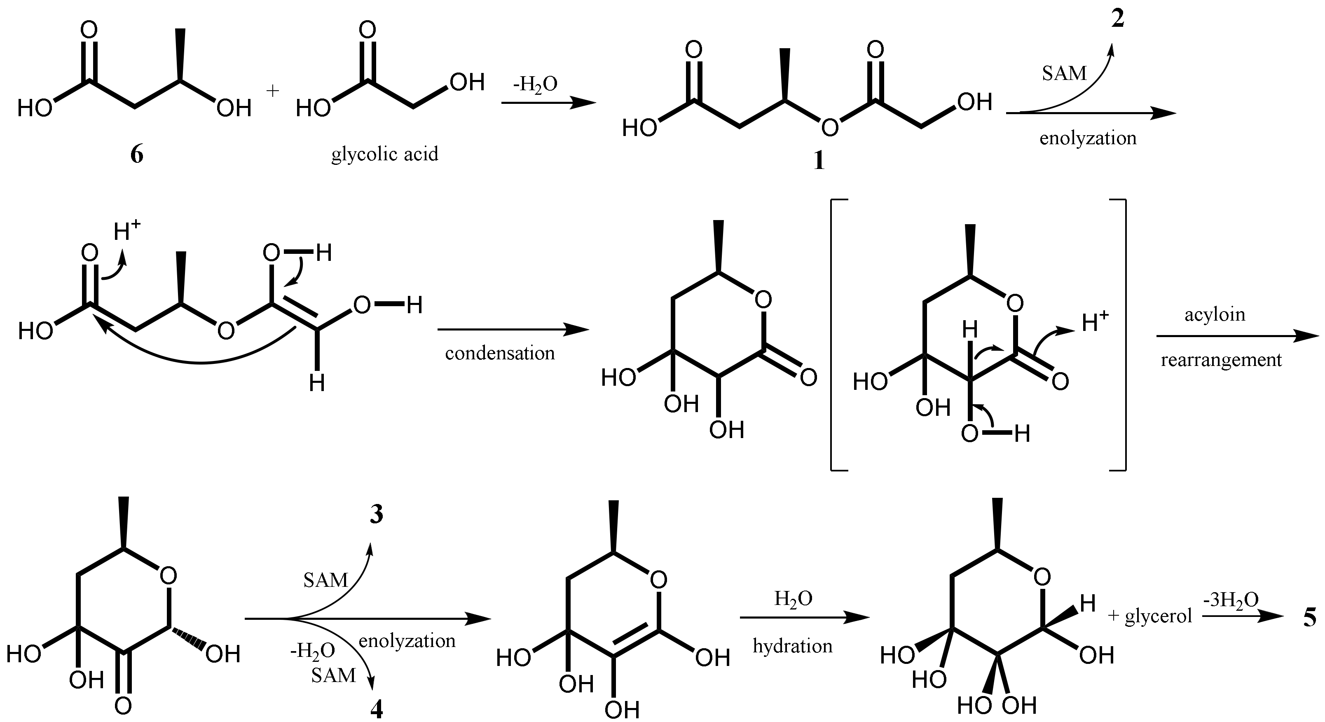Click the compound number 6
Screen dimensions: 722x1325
click(136, 154)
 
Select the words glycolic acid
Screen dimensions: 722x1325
click(385, 154)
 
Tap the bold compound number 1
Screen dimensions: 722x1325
click(818, 161)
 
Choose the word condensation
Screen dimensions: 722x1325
click(500, 353)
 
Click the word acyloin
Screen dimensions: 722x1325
click(1215, 314)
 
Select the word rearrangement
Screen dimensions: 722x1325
click(1221, 360)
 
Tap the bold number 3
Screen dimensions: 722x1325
click(377, 515)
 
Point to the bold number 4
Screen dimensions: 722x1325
click(377, 710)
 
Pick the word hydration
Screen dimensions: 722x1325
click(793, 646)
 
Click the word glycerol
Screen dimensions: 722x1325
click(1158, 616)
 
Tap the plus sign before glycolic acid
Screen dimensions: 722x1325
click(273, 91)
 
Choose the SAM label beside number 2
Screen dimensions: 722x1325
click(1064, 74)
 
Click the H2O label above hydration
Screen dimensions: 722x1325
click(793, 598)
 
